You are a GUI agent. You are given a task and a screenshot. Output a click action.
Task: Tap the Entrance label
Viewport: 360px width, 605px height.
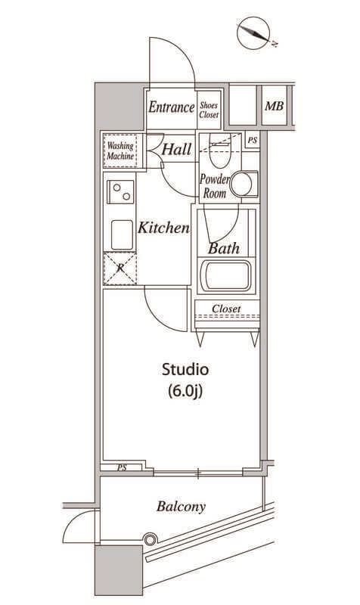tap(172, 107)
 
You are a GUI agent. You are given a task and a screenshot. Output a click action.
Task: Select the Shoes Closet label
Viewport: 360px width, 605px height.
tap(209, 110)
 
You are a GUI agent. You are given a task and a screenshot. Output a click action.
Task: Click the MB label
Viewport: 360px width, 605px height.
tap(274, 106)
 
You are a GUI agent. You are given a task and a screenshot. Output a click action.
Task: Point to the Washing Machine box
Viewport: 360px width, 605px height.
tap(120, 150)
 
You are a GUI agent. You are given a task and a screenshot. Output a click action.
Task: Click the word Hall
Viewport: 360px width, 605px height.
tap(176, 149)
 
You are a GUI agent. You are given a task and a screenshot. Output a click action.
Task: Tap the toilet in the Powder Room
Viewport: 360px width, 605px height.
tap(219, 150)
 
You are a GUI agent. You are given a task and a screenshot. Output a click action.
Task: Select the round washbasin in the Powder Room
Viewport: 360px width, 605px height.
tap(241, 185)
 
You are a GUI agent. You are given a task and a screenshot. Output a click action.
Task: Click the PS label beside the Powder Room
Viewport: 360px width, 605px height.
tap(253, 141)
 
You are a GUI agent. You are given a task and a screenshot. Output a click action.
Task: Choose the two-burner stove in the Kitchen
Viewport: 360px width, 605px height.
tap(120, 191)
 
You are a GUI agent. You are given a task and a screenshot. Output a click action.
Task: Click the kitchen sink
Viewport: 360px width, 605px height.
tap(122, 234)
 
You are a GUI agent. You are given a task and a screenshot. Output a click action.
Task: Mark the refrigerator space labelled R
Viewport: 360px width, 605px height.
tap(120, 268)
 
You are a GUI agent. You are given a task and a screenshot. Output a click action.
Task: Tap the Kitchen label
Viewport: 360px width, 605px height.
tap(163, 228)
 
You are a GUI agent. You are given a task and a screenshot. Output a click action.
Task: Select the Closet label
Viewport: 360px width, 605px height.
tap(226, 309)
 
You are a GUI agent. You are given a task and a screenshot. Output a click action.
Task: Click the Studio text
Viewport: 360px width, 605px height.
tap(185, 369)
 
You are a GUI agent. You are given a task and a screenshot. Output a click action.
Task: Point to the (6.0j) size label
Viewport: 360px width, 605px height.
tap(185, 391)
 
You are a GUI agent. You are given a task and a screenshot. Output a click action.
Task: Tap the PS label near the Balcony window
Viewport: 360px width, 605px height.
tap(122, 468)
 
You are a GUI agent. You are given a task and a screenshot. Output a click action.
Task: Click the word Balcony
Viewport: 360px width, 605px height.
tap(181, 506)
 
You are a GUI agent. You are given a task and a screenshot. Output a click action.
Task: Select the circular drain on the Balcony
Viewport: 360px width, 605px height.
tap(150, 539)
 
